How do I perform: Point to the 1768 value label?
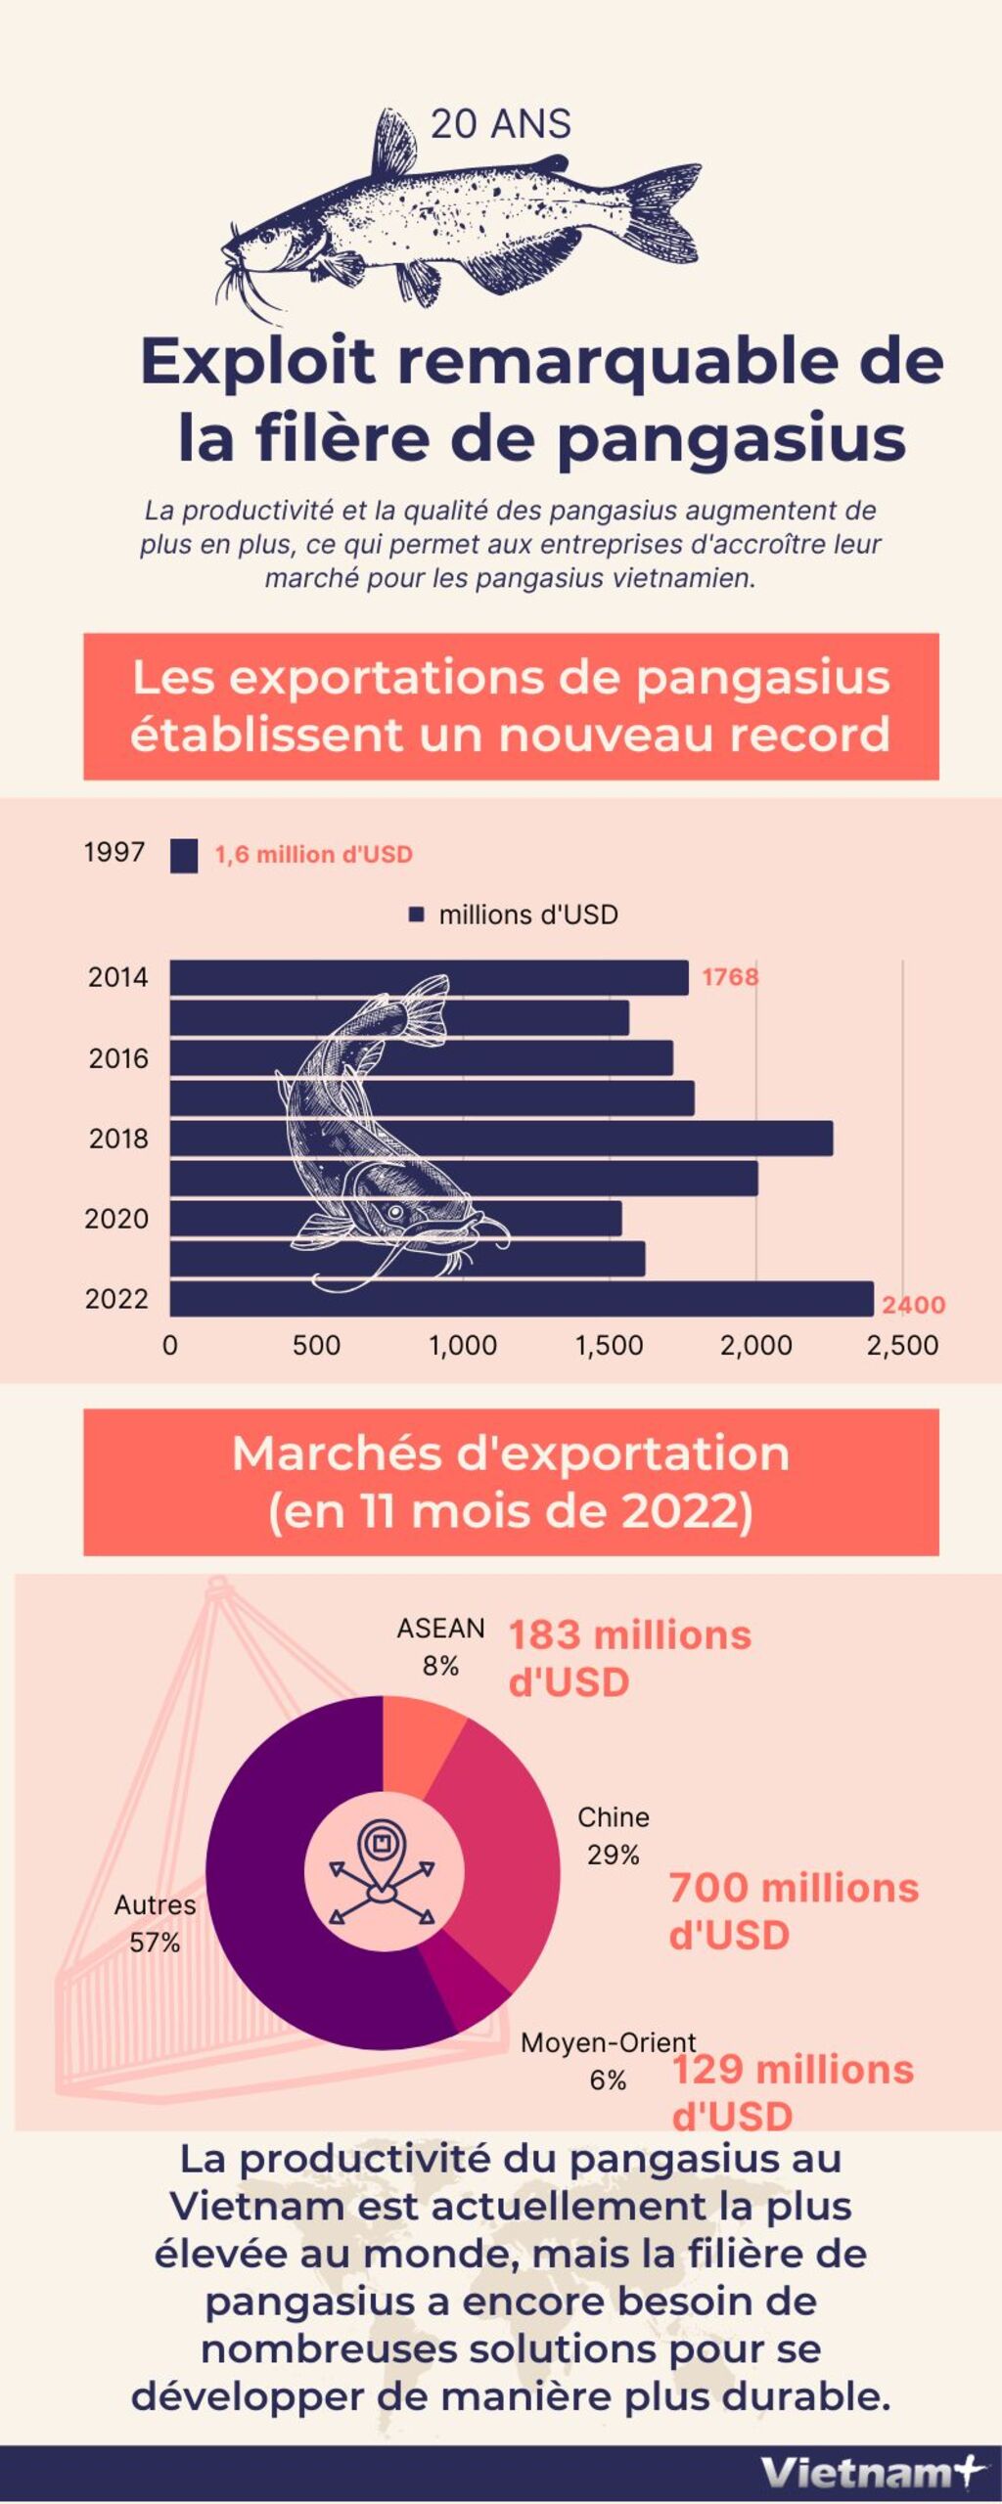point(729,977)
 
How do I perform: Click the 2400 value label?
point(913,1305)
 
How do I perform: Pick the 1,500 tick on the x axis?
point(609,1346)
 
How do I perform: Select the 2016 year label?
point(118,1058)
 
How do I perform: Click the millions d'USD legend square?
point(416,915)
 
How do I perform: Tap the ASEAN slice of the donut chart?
point(419,1746)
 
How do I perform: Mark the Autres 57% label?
point(155,1923)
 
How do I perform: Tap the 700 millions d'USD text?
point(793,1911)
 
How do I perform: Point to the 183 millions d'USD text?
point(629,1658)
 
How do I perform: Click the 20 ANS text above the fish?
point(500,124)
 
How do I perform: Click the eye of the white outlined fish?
point(395,1212)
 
